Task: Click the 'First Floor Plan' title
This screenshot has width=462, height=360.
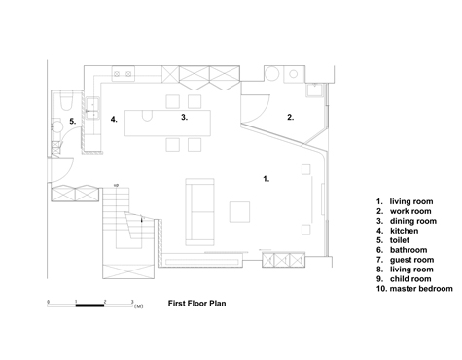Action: click(x=196, y=304)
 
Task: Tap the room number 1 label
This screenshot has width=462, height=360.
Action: click(x=266, y=179)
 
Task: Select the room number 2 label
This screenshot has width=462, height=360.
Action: click(x=291, y=117)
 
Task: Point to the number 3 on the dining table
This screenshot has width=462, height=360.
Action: click(x=184, y=117)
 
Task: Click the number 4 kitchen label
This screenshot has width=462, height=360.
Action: click(x=114, y=119)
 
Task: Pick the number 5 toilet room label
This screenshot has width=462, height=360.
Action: click(x=73, y=122)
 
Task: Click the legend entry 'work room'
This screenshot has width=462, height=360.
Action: click(x=410, y=211)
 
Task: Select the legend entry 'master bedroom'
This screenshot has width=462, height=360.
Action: click(x=421, y=289)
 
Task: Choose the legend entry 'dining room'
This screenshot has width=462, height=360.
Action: click(x=413, y=221)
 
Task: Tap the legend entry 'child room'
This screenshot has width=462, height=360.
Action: click(x=410, y=279)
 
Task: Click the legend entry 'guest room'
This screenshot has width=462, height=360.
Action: click(x=411, y=260)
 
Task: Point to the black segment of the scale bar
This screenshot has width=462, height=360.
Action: click(x=89, y=306)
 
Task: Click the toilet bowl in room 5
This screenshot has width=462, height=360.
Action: click(x=67, y=101)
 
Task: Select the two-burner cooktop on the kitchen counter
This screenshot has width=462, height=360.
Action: click(x=124, y=74)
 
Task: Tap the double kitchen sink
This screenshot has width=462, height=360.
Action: click(x=92, y=109)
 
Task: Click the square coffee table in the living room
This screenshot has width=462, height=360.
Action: click(x=239, y=212)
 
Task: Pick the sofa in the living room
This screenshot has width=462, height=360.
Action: click(x=200, y=211)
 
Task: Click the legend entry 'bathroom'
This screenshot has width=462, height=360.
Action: click(x=409, y=250)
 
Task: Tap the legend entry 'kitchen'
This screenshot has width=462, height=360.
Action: click(x=404, y=231)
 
